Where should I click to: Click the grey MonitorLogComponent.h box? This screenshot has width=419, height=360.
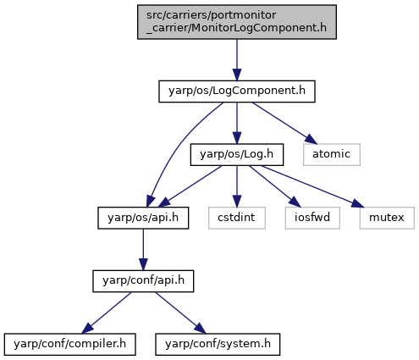237,22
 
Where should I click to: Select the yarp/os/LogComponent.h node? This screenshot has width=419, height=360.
237,91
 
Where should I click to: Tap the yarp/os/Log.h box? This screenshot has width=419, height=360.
237,155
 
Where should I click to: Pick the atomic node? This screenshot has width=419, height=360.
332,155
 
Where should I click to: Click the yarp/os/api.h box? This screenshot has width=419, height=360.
143,218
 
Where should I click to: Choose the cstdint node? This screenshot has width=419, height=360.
237,218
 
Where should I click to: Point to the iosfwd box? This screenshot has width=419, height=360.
312,218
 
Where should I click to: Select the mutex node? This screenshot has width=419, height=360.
387,218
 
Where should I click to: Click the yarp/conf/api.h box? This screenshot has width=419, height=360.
143,281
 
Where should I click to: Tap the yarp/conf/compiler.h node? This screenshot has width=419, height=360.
69,345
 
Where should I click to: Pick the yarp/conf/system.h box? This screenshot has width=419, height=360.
218,345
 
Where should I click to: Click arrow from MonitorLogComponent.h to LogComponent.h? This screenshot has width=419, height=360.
237,60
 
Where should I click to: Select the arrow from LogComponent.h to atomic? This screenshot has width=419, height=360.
284,123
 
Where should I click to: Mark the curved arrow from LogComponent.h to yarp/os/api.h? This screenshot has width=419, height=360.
179,147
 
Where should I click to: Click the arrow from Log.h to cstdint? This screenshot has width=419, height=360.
237,186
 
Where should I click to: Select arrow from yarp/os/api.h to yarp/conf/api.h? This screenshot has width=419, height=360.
143,250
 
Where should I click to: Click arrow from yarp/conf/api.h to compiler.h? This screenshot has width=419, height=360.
107,313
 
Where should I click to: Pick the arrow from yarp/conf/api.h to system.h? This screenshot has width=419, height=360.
180,313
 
